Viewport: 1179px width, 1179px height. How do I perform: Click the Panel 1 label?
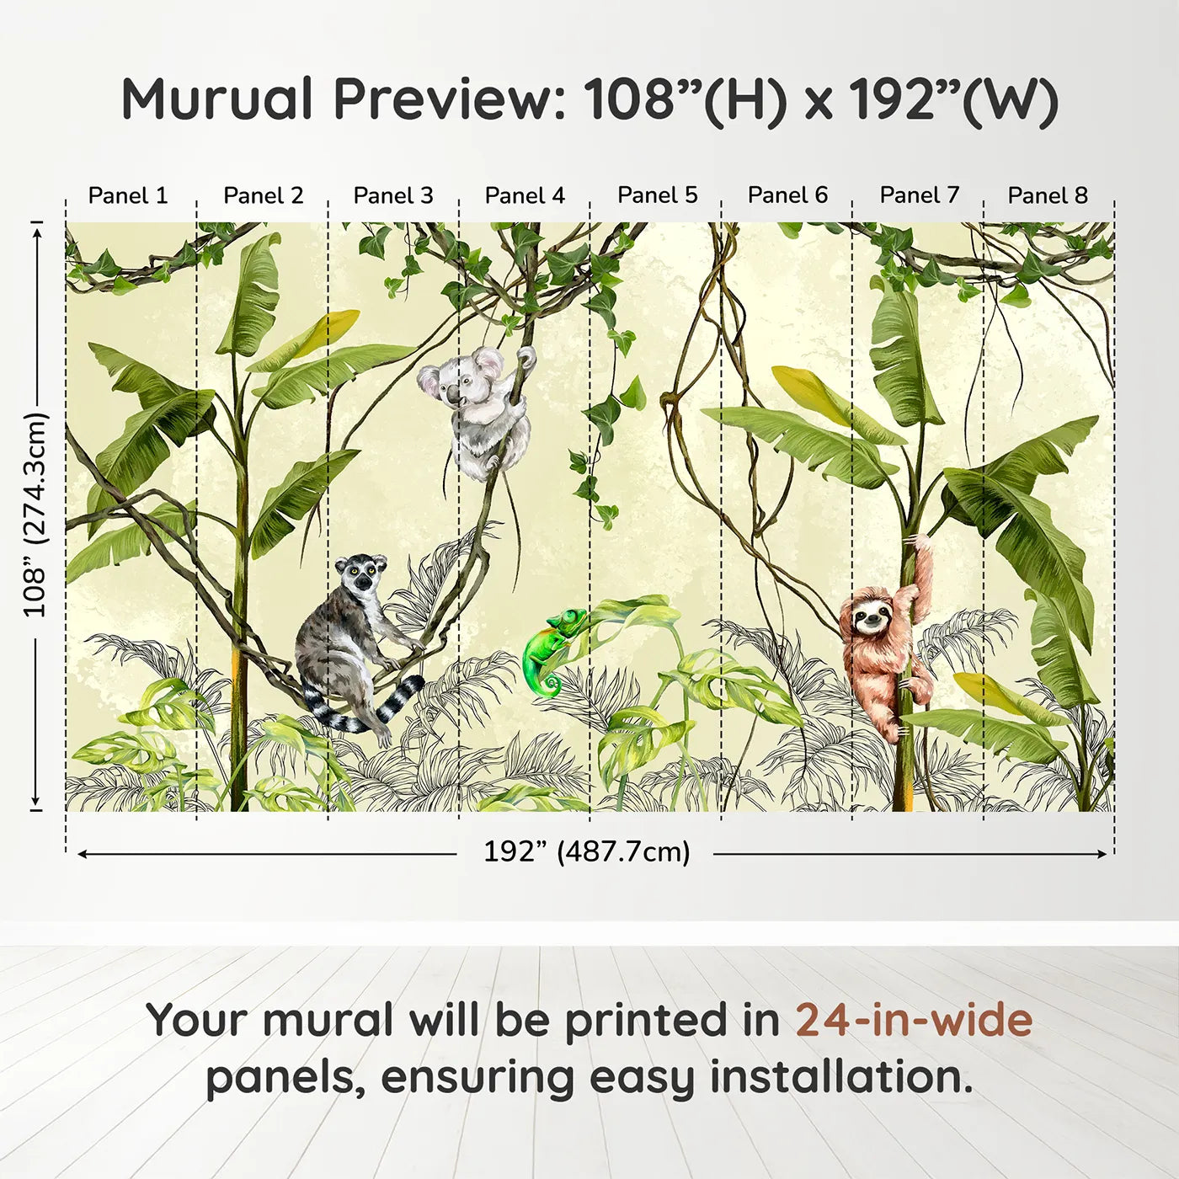tap(128, 195)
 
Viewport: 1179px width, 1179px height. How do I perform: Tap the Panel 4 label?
tap(525, 195)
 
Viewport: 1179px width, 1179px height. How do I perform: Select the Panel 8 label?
tap(1048, 195)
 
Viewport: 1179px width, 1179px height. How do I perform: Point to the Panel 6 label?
tap(787, 195)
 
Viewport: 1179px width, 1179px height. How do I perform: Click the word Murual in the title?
tap(217, 99)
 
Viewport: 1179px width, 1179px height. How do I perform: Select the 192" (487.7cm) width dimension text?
tap(586, 852)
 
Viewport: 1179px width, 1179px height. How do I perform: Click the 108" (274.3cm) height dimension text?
tap(36, 515)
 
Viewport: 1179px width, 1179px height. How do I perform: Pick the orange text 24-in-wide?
tap(914, 1021)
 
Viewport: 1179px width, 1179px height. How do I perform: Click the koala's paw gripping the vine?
tap(526, 356)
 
